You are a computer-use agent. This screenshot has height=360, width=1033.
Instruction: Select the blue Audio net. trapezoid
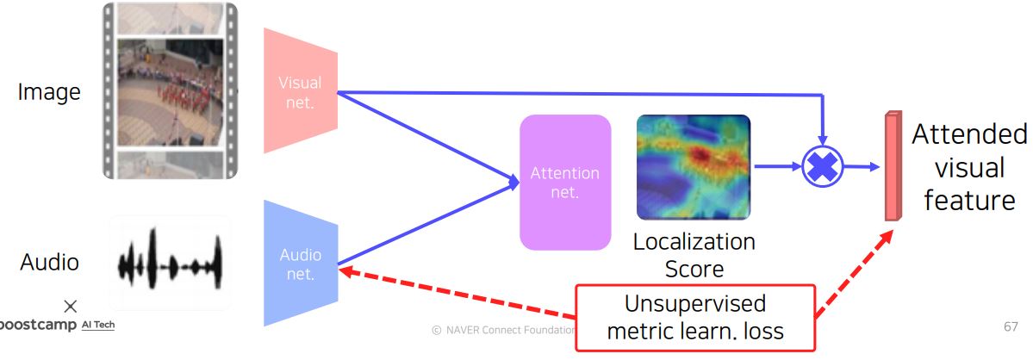coord(299,264)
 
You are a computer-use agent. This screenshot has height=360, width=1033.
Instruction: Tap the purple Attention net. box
coord(564,182)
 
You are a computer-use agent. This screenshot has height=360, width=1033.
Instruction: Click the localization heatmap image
coord(694,166)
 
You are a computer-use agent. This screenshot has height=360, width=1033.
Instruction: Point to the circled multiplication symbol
coord(822,167)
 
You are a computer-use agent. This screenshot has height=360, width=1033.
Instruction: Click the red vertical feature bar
coord(891,165)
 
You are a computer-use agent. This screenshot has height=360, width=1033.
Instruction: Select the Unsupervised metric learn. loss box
coord(694,318)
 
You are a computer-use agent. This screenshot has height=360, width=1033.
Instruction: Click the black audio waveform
coord(170,259)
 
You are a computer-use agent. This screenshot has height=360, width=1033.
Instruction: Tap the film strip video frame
coord(170,90)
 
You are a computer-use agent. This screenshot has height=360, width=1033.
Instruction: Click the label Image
coord(49,91)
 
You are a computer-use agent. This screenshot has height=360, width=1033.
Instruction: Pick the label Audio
coord(49,262)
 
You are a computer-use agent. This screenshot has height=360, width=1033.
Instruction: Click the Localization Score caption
coord(694,254)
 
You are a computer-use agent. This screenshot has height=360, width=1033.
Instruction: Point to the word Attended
coord(969,134)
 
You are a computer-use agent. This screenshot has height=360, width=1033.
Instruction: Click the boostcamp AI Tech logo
coord(57,324)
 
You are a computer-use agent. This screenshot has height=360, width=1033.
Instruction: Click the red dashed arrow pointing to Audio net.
coord(457,290)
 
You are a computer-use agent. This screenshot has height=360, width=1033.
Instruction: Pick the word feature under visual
coord(969,200)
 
